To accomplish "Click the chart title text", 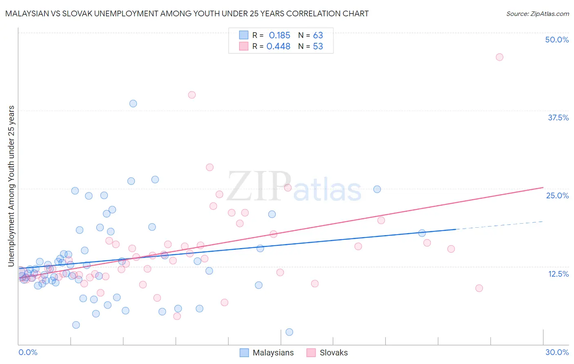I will tap(187, 13).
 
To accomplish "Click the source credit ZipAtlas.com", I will tap(537, 13).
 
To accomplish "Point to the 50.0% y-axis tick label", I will tap(557, 40).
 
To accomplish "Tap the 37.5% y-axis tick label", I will tap(558, 118).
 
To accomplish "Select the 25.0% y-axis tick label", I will tap(557, 195).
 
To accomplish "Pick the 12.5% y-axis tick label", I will tap(558, 273).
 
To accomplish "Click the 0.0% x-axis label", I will tap(28, 352).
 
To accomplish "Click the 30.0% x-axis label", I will tap(557, 352).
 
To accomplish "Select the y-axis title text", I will tap(11, 186).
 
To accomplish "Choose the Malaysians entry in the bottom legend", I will tap(273, 353).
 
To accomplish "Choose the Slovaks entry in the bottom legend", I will tap(334, 353).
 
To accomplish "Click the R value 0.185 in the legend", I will tap(279, 36).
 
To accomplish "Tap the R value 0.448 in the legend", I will tap(278, 47).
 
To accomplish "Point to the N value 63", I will tap(318, 36).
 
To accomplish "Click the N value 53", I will tap(318, 47).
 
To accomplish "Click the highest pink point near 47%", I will tap(499, 57).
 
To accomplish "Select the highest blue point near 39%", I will tap(133, 104).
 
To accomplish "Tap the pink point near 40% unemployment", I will tap(192, 95).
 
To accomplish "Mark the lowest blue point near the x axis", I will tap(289, 332).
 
